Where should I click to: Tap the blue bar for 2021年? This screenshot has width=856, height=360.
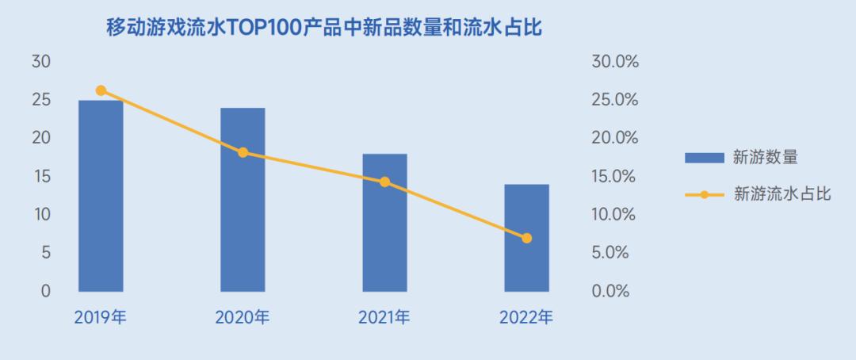point(384,223)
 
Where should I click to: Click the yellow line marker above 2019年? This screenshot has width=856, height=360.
point(101,90)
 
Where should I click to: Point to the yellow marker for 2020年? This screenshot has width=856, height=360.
point(243,152)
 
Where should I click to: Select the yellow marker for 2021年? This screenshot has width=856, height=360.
point(384,182)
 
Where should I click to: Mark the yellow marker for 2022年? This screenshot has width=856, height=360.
point(526,238)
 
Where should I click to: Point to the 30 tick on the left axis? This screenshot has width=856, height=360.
point(40,62)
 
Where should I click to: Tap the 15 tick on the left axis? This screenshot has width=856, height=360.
point(40,176)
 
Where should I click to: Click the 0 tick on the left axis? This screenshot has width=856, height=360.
point(45,291)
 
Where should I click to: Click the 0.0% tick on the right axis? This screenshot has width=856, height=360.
point(610,291)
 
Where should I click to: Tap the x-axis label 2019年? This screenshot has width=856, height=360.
point(101,319)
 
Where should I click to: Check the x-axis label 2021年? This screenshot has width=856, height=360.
point(384,319)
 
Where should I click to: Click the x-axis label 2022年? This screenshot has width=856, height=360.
point(526,319)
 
